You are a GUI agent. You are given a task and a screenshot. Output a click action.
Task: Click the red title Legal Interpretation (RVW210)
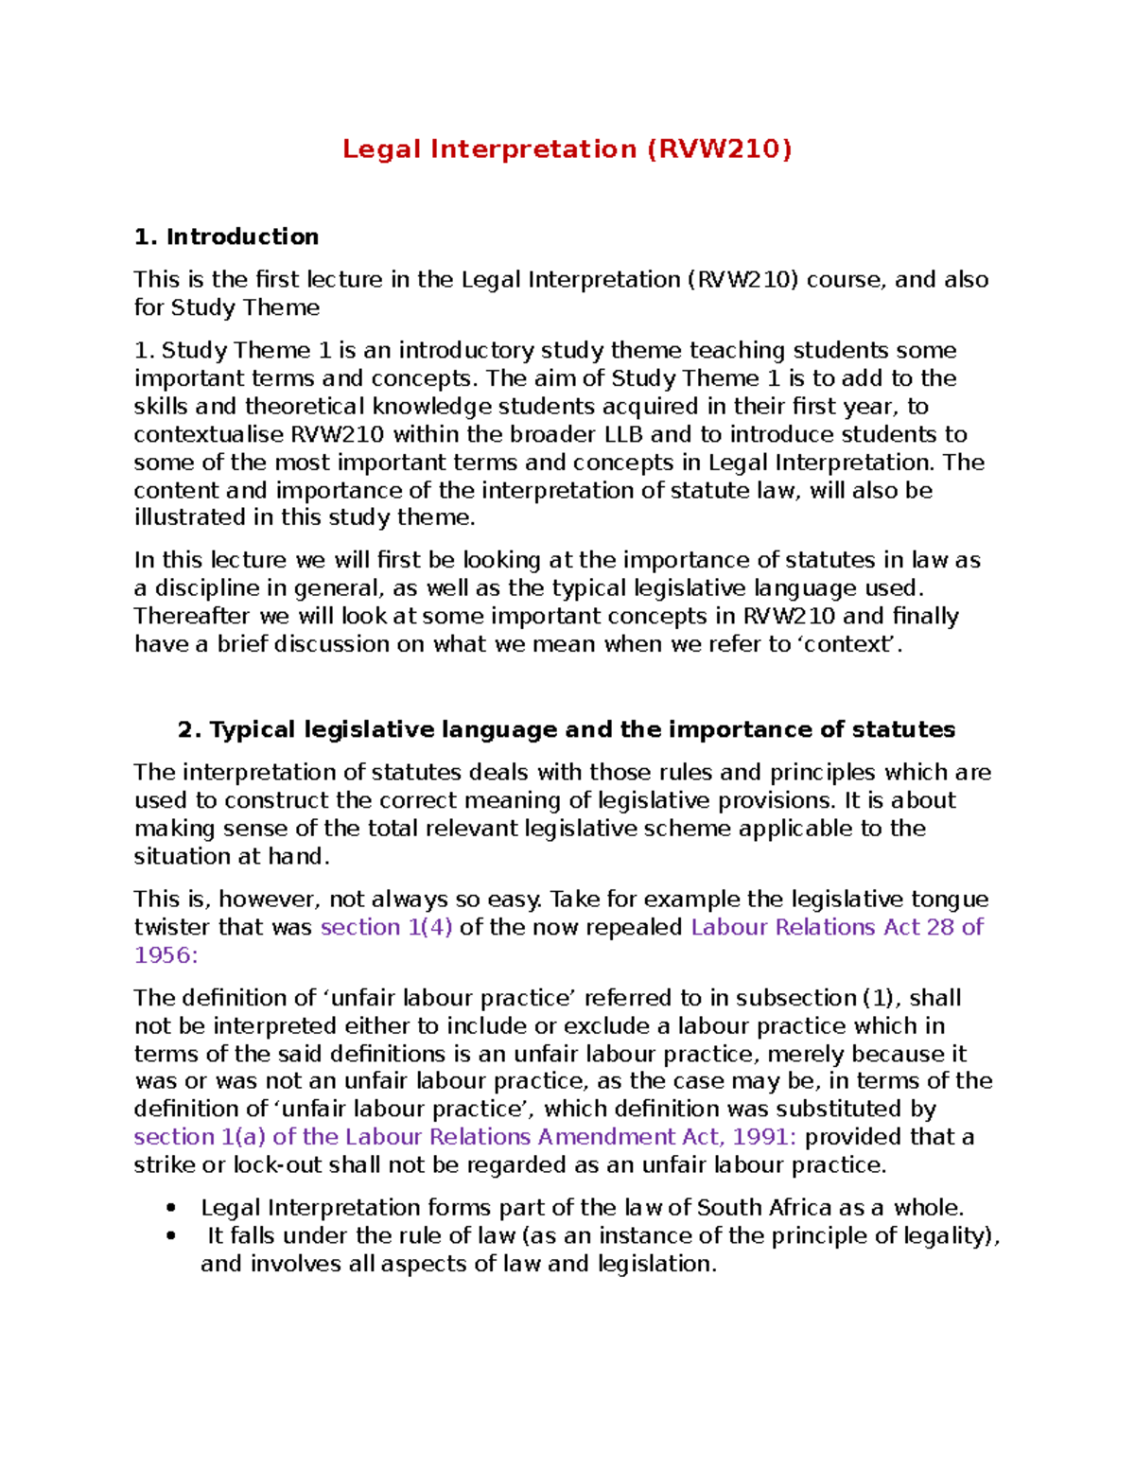coord(567,149)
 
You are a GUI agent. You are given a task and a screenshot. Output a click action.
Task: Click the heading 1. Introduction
coord(226,236)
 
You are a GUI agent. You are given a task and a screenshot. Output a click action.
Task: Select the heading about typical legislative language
coord(566,729)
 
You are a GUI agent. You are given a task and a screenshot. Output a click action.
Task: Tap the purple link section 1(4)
coord(386,927)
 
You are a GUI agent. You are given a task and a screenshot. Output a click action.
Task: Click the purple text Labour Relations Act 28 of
coord(837,927)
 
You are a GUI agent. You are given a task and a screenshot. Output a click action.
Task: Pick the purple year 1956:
coord(166,955)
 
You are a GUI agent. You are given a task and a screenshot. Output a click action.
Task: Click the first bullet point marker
coord(170,1208)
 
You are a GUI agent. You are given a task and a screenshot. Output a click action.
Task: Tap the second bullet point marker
coord(170,1236)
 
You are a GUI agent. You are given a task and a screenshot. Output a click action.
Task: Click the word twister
coord(172,927)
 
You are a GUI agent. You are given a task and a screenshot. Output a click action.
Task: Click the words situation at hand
coord(231,857)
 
